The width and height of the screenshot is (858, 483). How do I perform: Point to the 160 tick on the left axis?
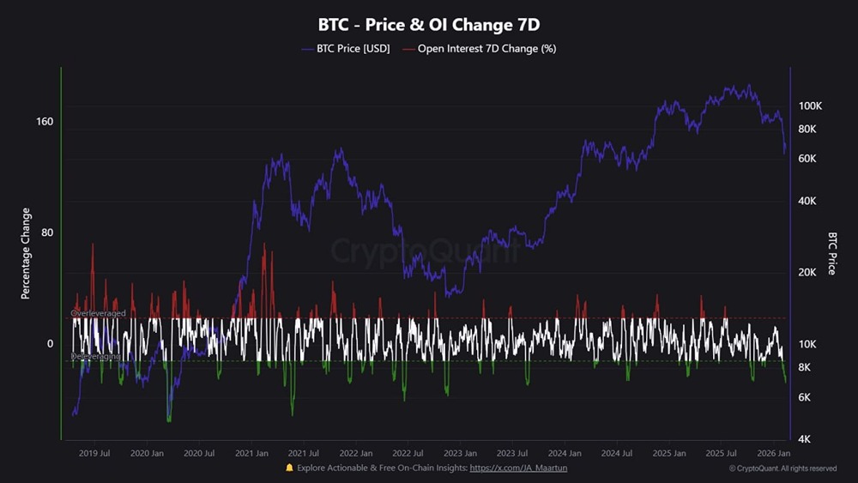pos(45,121)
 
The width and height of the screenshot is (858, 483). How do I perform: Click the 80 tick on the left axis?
pos(47,232)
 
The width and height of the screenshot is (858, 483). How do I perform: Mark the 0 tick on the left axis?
pos(50,344)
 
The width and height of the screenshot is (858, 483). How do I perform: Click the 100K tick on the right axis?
pos(811,106)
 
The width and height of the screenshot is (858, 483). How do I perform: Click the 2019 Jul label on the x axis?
pos(94,453)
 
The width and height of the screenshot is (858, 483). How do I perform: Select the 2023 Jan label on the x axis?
pos(460,453)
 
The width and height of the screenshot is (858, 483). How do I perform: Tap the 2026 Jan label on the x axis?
pos(774,453)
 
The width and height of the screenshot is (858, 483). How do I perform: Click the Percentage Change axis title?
pos(26,253)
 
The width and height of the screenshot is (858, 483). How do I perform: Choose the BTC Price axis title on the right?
pos(831,253)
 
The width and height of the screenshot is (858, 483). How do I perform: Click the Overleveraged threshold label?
pos(99,314)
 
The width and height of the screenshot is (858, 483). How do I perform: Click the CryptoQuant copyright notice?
pos(782,468)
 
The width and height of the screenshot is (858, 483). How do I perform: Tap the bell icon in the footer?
pos(289,468)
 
